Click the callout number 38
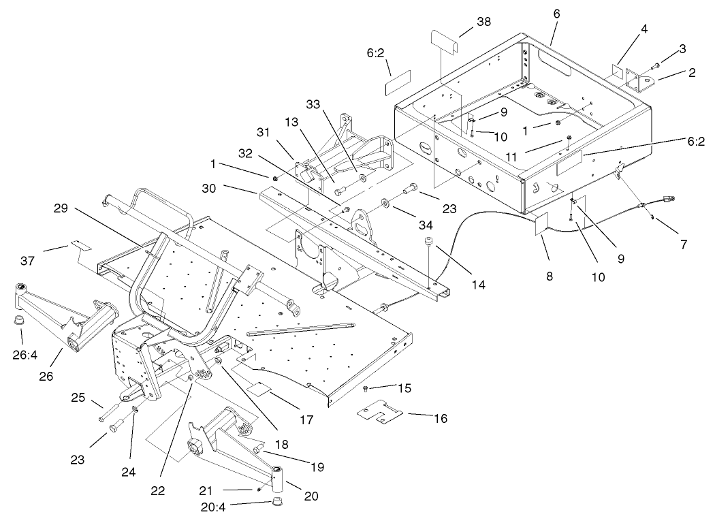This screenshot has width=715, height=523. tap(483, 21)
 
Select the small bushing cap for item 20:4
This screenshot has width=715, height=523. tap(277, 503)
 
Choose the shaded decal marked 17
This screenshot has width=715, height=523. tap(259, 390)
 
